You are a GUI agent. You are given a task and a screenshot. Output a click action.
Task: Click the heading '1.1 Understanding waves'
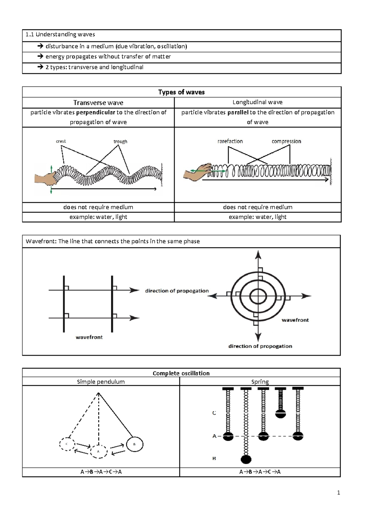coord(60,35)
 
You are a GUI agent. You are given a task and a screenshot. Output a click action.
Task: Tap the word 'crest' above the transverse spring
coord(61,141)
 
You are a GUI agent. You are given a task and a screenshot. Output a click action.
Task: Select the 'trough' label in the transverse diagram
coord(120,142)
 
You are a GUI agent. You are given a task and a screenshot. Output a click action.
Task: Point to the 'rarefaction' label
coord(230,141)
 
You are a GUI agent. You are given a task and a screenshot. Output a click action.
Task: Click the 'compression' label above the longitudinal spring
coord(286,141)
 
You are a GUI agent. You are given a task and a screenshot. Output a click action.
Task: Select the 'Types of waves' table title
coord(181,92)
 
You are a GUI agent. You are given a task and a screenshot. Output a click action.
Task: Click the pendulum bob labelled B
coord(135,444)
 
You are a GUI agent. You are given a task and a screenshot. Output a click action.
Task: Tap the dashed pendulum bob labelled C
coord(67,444)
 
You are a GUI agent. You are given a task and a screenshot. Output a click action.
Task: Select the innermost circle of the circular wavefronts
coord(258,296)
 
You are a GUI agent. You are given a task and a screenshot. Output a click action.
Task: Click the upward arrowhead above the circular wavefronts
coord(258,254)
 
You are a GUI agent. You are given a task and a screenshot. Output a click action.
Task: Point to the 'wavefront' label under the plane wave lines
coord(89,337)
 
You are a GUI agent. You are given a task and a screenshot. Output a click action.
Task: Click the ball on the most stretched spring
coord(246,459)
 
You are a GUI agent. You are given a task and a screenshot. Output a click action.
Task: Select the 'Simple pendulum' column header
coord(101,382)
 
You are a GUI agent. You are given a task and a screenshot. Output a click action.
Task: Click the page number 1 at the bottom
coord(339,492)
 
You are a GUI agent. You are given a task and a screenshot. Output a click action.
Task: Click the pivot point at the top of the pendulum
coord(99,393)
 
